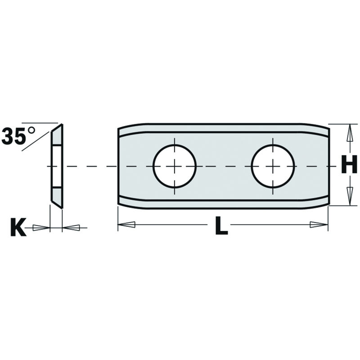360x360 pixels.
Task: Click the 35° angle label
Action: tap(18, 136)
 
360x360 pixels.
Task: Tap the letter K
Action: tap(18, 227)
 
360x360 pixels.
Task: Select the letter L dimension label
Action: tap(221, 226)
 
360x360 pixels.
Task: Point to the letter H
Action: tap(349, 164)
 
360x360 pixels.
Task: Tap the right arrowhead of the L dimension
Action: tap(319, 225)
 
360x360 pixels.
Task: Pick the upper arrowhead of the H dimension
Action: tap(350, 133)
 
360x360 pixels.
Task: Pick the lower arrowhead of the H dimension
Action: tap(350, 197)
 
